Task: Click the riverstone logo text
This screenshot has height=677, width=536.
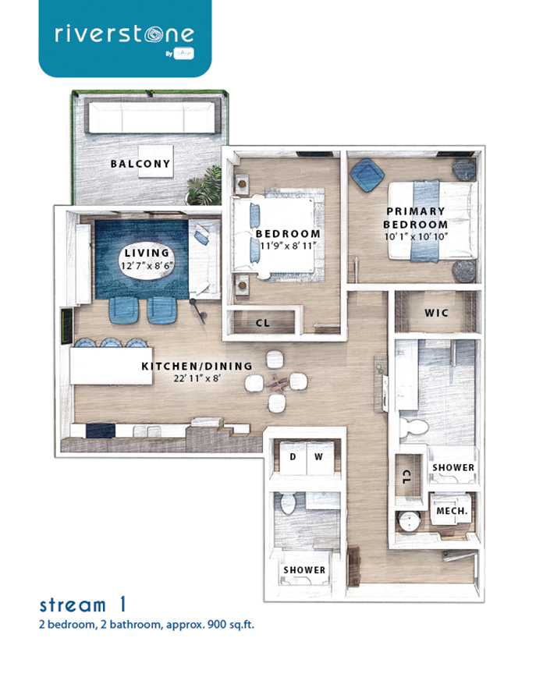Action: (x=124, y=34)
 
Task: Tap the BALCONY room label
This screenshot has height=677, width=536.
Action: (x=140, y=164)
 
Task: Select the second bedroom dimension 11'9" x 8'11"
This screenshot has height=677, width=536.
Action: (x=288, y=246)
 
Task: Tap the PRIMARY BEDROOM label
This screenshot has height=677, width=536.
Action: (x=415, y=218)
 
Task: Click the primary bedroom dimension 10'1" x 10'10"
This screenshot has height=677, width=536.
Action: (x=415, y=238)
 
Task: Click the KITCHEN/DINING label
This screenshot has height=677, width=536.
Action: (x=197, y=366)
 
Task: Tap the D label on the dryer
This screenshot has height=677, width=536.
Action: (x=293, y=456)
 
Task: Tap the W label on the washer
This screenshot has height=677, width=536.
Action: (x=319, y=456)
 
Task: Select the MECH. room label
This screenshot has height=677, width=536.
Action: (x=451, y=511)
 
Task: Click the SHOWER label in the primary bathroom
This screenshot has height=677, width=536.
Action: (x=453, y=468)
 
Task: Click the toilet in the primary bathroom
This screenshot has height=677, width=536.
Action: (x=414, y=427)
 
